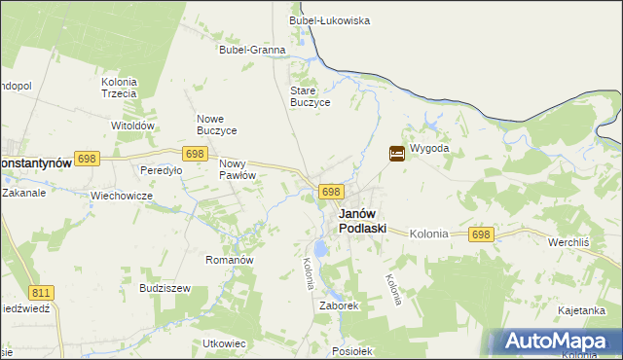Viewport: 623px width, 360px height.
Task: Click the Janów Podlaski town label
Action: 362,221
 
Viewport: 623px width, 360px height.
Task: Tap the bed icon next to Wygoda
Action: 397,153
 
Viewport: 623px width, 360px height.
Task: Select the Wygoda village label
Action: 429,149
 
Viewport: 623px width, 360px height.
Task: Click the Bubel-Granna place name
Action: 252,50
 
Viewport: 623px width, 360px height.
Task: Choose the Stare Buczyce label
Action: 311,96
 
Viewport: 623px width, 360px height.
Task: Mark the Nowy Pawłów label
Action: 238,169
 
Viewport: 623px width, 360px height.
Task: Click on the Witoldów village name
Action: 133,126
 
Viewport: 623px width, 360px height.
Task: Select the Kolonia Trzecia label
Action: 119,88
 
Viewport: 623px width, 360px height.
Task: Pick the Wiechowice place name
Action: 123,195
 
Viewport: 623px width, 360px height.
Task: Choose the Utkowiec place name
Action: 224,343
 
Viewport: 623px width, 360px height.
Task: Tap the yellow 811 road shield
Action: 42,292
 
